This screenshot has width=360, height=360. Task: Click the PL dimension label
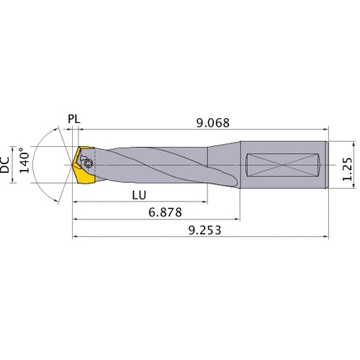click(x=76, y=118)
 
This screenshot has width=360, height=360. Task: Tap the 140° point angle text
click(x=26, y=163)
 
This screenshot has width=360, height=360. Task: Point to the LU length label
click(x=141, y=196)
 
